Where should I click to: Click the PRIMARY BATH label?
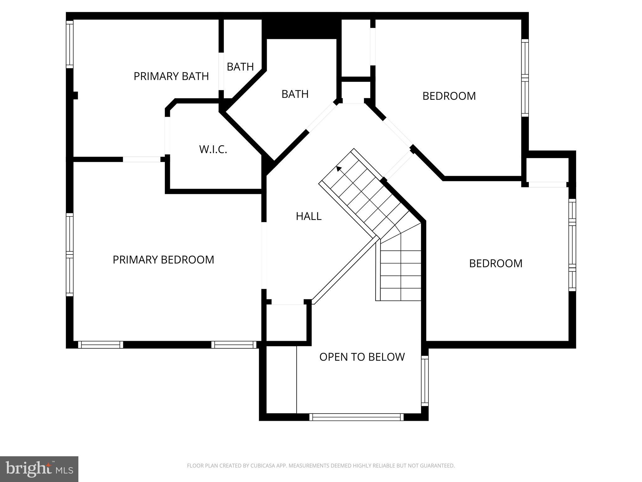(x=171, y=76)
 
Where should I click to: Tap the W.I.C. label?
(x=213, y=149)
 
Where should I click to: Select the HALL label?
(x=308, y=216)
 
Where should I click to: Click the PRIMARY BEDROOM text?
(x=163, y=260)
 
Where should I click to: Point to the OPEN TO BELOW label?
(x=362, y=357)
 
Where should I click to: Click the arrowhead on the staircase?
(x=339, y=169)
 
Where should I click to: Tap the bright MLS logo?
(x=39, y=469)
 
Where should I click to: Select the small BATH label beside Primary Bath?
(x=240, y=67)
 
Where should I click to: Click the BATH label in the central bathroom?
(x=295, y=94)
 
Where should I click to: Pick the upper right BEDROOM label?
(x=449, y=96)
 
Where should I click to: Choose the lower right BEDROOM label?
(x=495, y=263)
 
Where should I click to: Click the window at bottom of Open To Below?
(x=356, y=417)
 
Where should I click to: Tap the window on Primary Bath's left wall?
(x=70, y=44)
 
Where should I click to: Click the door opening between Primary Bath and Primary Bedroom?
(x=141, y=159)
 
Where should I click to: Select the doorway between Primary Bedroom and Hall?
(x=264, y=255)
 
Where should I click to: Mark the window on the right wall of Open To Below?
(x=424, y=381)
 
